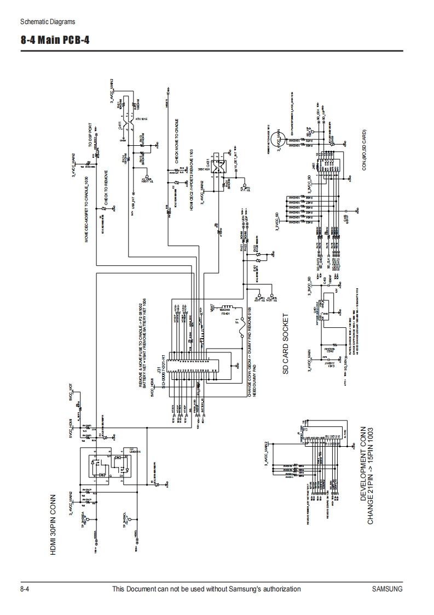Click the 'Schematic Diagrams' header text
point(47,22)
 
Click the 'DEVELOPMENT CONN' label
point(363,465)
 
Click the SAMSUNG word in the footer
point(387,589)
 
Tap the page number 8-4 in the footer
point(24,589)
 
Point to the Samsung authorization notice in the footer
point(206,589)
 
